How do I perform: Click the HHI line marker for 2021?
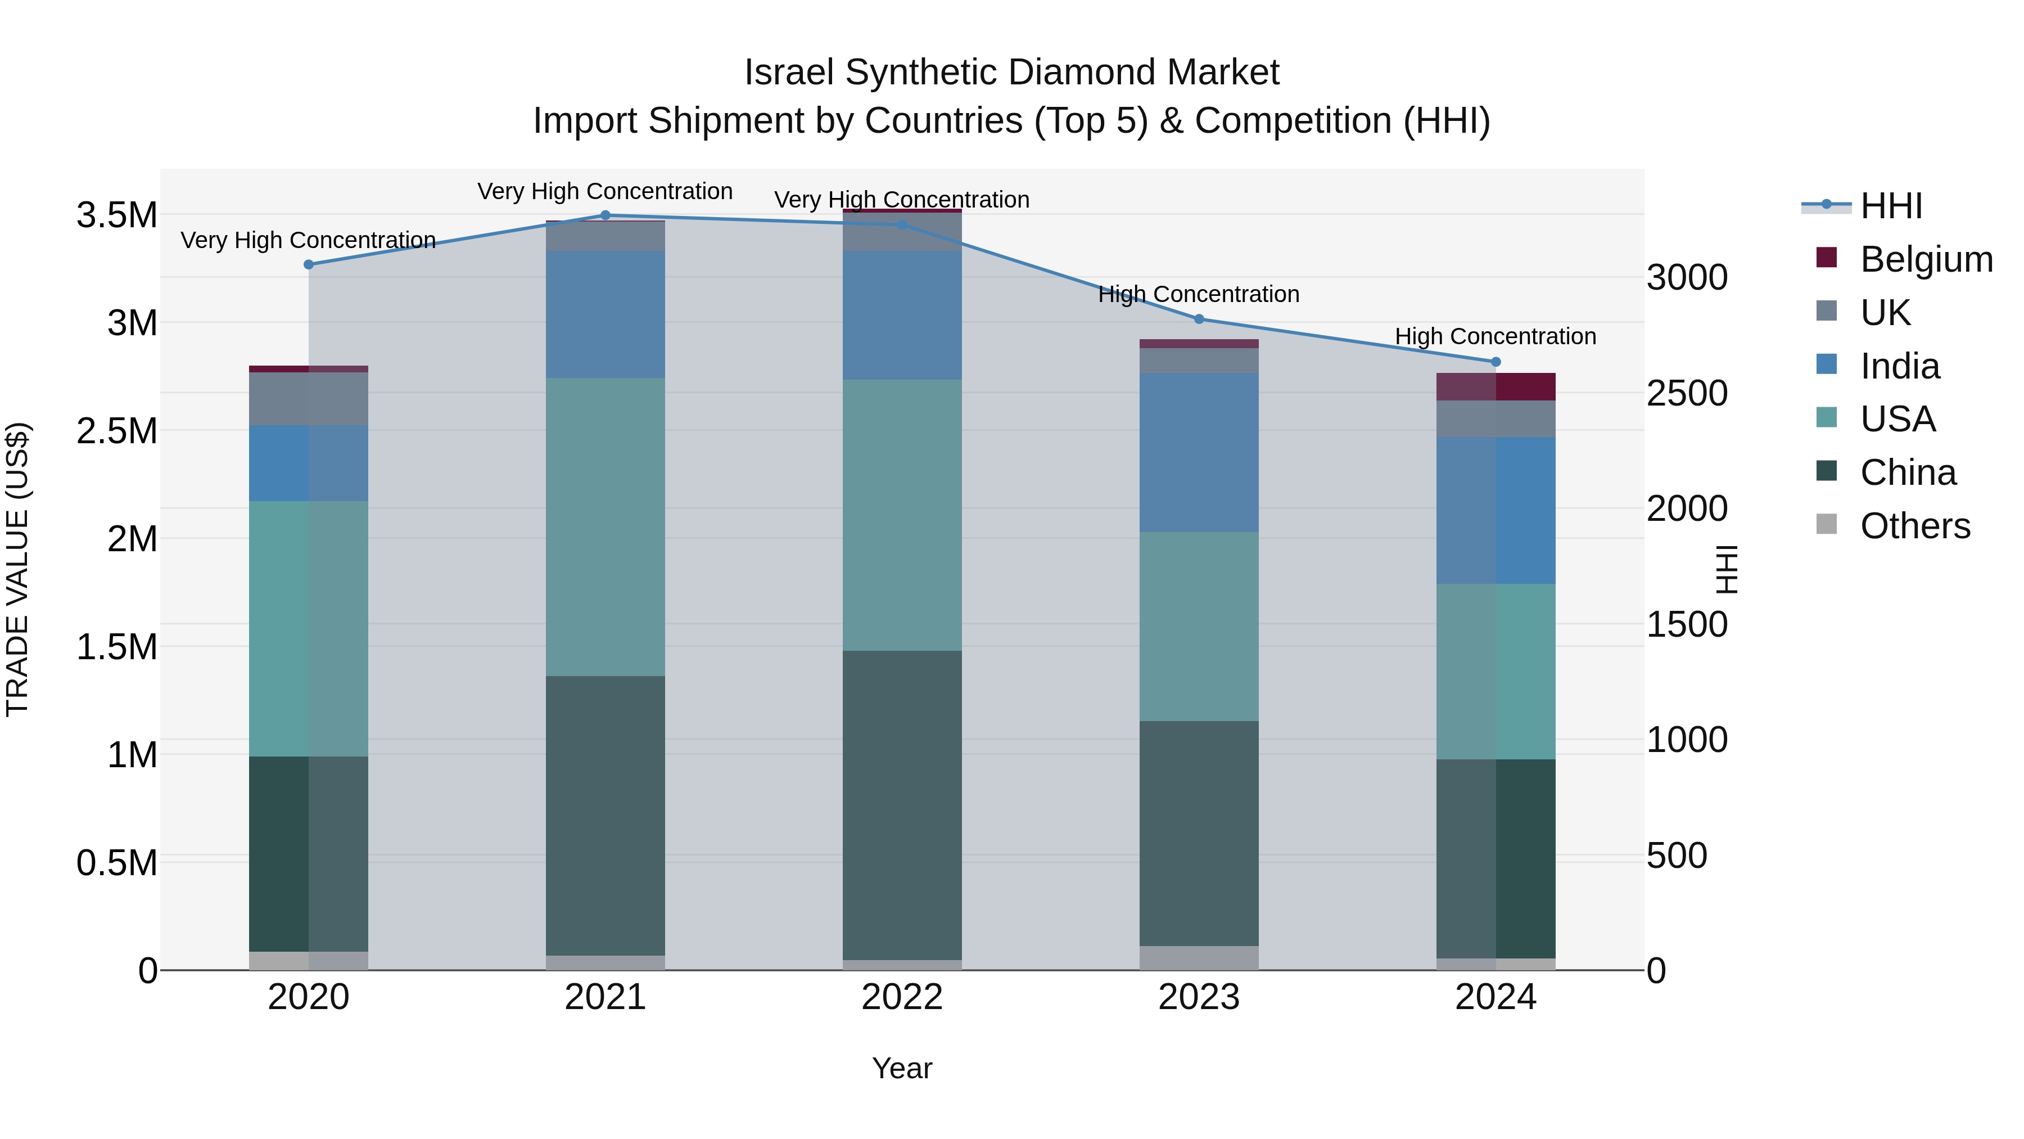pyautogui.click(x=605, y=215)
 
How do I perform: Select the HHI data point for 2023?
pyautogui.click(x=1199, y=319)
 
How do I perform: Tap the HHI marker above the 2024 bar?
pyautogui.click(x=1496, y=362)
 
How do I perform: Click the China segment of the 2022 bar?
pyautogui.click(x=902, y=805)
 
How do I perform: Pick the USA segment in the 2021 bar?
pyautogui.click(x=605, y=526)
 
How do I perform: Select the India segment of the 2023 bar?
pyautogui.click(x=1199, y=453)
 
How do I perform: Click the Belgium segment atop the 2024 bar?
pyautogui.click(x=1496, y=387)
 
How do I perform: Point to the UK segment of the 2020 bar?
pyautogui.click(x=308, y=399)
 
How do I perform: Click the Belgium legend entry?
pyautogui.click(x=1926, y=259)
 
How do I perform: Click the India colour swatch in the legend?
pyautogui.click(x=1827, y=364)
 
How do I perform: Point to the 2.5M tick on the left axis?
pyautogui.click(x=117, y=431)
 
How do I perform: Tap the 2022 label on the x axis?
pyautogui.click(x=902, y=997)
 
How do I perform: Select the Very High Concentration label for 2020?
pyautogui.click(x=308, y=240)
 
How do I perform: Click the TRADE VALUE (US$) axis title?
pyautogui.click(x=17, y=569)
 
